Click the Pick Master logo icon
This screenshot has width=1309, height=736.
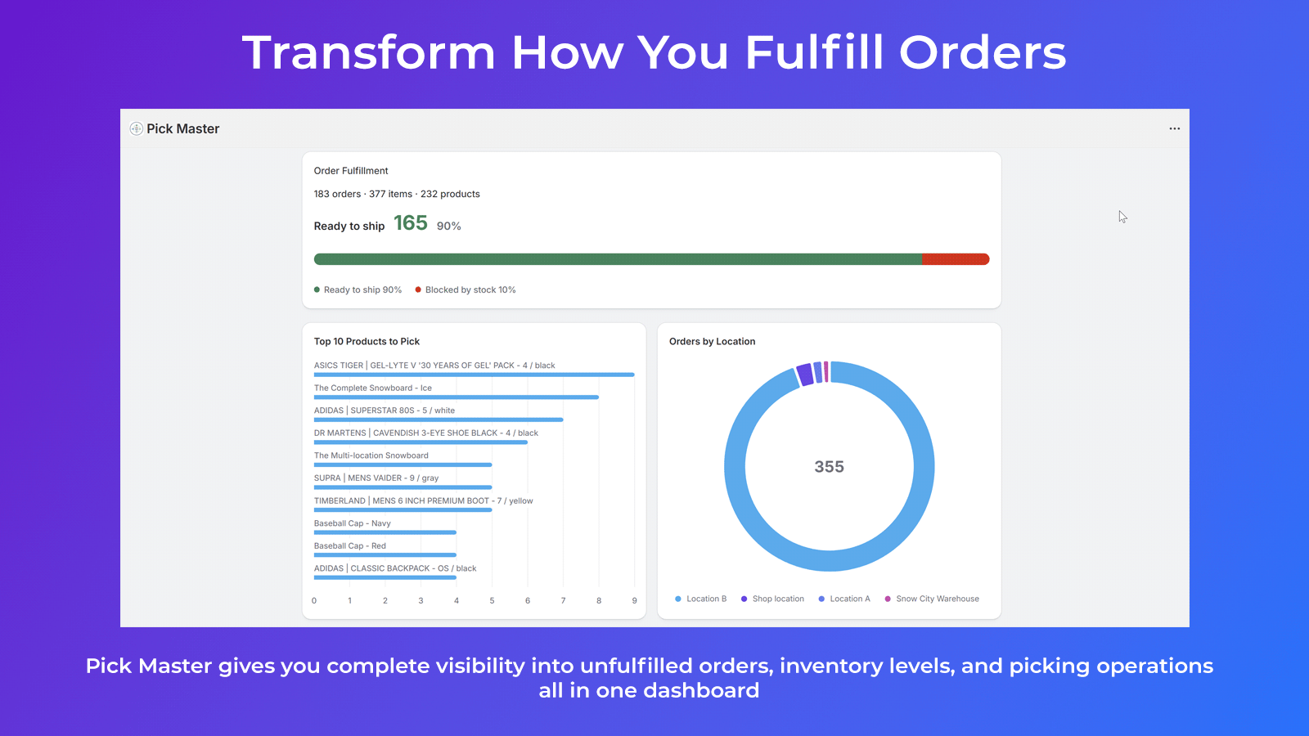click(x=136, y=128)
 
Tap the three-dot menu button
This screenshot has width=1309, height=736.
click(x=1175, y=128)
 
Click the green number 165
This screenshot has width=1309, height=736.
click(x=410, y=222)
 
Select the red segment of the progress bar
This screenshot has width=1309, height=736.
click(x=956, y=259)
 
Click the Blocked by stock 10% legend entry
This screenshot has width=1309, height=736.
click(x=466, y=289)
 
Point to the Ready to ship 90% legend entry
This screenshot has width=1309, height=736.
click(x=358, y=289)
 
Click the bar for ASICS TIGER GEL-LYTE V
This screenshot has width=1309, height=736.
click(x=474, y=375)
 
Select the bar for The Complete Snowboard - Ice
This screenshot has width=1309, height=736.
click(x=457, y=397)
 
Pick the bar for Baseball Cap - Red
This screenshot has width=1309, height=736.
click(x=385, y=555)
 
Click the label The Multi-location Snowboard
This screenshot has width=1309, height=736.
click(x=371, y=456)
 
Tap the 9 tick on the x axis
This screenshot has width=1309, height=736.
click(x=634, y=600)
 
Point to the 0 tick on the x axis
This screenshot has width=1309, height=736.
click(x=314, y=600)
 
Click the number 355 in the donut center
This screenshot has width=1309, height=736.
click(x=830, y=467)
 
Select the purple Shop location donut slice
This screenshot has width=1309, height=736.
click(x=805, y=375)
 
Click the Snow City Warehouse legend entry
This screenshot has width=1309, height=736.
click(x=932, y=599)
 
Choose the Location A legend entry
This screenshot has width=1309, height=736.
click(x=844, y=599)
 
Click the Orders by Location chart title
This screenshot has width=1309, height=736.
click(x=712, y=341)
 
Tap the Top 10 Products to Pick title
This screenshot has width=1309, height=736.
click(x=367, y=341)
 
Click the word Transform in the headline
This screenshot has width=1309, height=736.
click(x=369, y=52)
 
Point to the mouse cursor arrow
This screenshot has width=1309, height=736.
click(x=1122, y=217)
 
